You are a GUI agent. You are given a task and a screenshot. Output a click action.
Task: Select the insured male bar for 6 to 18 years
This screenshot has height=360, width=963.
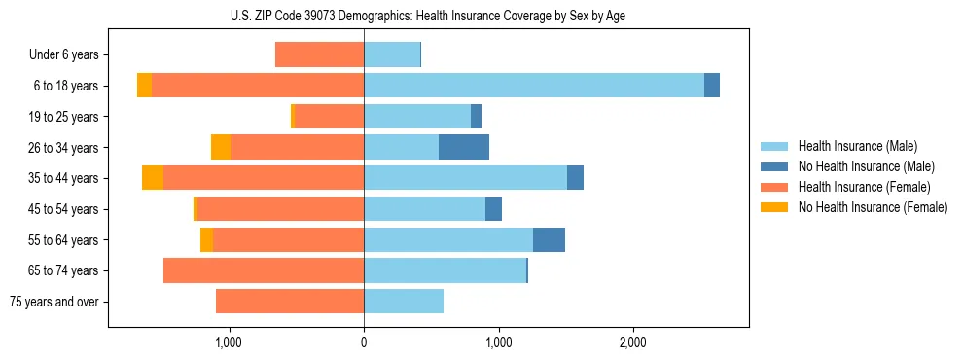click(x=533, y=86)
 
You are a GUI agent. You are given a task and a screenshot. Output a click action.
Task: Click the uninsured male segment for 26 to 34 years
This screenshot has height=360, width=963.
click(x=464, y=147)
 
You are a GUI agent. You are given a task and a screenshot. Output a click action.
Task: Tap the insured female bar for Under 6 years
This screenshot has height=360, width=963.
click(x=319, y=54)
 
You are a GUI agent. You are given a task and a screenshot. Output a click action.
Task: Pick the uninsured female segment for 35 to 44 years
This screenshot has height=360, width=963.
click(x=153, y=178)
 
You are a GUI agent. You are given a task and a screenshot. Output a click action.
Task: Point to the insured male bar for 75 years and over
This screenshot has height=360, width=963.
click(x=404, y=302)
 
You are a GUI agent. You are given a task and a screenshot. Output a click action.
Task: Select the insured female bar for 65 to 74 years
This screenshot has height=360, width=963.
click(x=264, y=270)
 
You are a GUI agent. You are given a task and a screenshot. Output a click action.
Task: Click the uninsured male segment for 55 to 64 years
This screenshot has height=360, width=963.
click(x=549, y=239)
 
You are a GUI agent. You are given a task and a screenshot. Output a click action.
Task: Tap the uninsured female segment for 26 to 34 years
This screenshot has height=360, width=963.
click(x=221, y=147)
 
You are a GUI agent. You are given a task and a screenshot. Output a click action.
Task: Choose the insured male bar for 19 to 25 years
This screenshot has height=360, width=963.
click(x=417, y=117)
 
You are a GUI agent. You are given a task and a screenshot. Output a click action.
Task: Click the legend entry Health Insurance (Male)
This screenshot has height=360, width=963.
click(x=857, y=146)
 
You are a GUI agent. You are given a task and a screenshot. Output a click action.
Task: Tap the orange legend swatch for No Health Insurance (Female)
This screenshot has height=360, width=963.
click(x=775, y=207)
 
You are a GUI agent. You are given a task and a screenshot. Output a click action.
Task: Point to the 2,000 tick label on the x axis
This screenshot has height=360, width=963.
click(x=632, y=342)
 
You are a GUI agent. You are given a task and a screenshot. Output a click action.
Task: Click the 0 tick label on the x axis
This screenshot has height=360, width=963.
click(x=364, y=342)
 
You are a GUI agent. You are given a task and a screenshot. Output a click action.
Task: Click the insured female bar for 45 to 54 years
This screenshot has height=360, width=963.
click(x=280, y=209)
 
